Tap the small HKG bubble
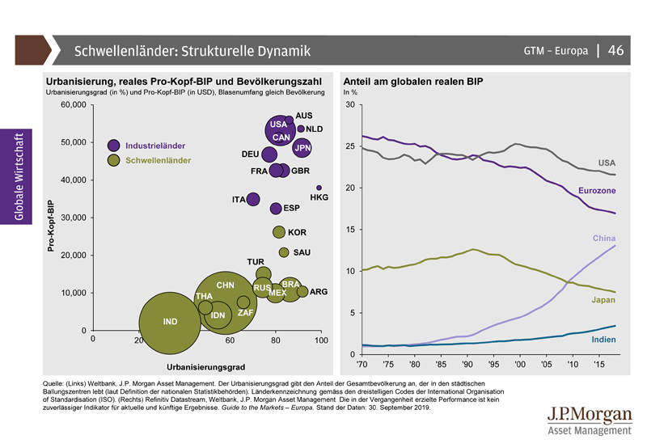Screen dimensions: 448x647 click(319, 188)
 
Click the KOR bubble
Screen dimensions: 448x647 click(279, 232)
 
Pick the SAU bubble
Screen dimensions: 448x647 click(284, 253)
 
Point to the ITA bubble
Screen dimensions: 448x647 click(253, 199)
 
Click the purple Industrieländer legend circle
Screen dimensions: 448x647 click(114, 145)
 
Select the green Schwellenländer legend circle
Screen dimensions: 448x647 click(114, 160)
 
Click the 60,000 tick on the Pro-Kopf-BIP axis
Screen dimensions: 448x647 click(73, 105)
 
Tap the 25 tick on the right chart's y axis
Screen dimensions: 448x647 click(349, 146)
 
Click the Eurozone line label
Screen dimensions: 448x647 click(597, 191)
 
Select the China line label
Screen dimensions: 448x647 click(604, 239)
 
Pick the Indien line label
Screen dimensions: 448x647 click(603, 340)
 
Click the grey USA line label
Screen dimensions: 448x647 click(607, 163)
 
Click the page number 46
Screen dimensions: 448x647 click(615, 51)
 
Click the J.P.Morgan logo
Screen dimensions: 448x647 click(590, 421)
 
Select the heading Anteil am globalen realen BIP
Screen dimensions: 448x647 click(413, 82)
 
